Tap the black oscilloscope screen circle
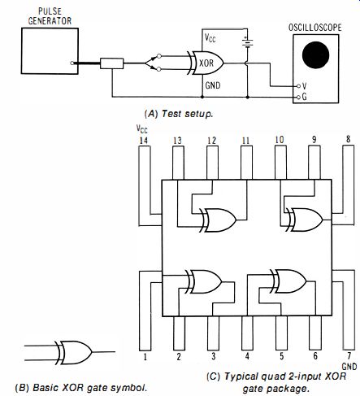tap(315, 54)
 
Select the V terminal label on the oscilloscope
tap(304, 86)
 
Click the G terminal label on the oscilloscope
tap(304, 97)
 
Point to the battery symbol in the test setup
tap(247, 42)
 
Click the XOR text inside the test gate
tap(206, 63)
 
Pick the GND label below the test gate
tap(213, 85)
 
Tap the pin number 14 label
tap(144, 141)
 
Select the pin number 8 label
tap(349, 139)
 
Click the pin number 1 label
tap(145, 357)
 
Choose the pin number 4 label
tap(247, 356)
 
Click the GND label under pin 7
tap(349, 367)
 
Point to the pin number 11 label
tap(245, 141)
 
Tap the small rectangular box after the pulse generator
tap(112, 63)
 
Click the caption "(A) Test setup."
tap(179, 114)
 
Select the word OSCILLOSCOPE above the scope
tap(315, 28)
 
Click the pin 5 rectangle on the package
tap(281, 333)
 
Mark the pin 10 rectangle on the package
tap(280, 163)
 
